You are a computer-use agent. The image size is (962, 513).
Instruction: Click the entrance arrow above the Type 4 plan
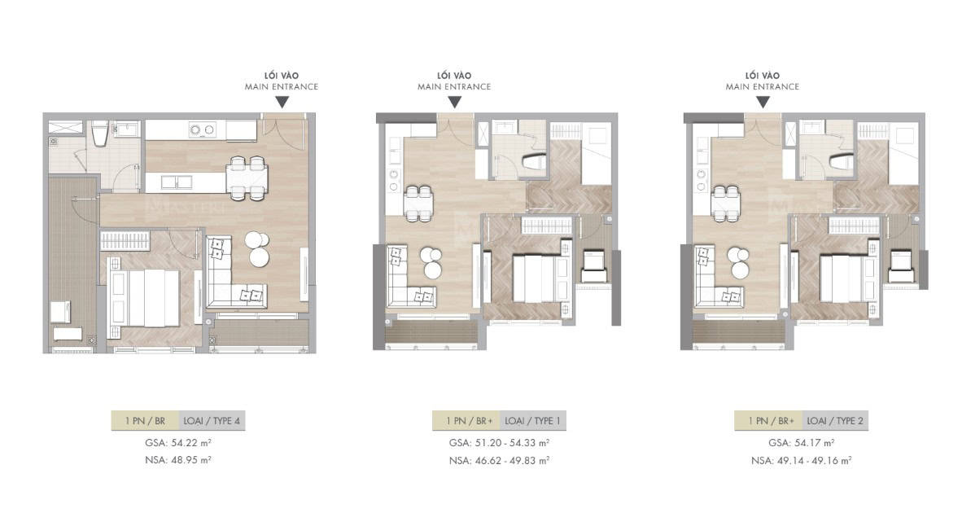pos(282,103)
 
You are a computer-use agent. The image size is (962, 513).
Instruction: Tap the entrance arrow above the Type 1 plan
pos(455,103)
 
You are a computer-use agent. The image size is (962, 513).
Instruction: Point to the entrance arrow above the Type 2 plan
pos(763,103)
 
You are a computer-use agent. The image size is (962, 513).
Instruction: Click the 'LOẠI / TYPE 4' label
pos(212,421)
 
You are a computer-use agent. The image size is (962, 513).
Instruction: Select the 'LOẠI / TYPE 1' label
pos(532,421)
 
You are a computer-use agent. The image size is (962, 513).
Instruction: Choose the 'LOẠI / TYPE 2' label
pos(835,421)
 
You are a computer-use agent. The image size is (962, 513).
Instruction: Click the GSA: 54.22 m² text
pos(178,442)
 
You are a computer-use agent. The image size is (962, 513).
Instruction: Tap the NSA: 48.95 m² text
pos(178,459)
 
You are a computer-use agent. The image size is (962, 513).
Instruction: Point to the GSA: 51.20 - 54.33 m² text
pos(499,442)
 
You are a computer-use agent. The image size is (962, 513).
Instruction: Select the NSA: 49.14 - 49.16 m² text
pos(801,460)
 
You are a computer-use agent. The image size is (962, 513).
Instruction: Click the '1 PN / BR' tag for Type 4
pos(146,421)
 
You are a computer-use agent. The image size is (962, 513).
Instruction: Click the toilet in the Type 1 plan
pos(533,162)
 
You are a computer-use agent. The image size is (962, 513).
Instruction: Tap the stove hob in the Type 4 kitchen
pos(203,129)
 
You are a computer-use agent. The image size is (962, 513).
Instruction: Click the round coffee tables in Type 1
pos(432,263)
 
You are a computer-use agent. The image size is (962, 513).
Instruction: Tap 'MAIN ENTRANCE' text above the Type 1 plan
pos(455,87)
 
